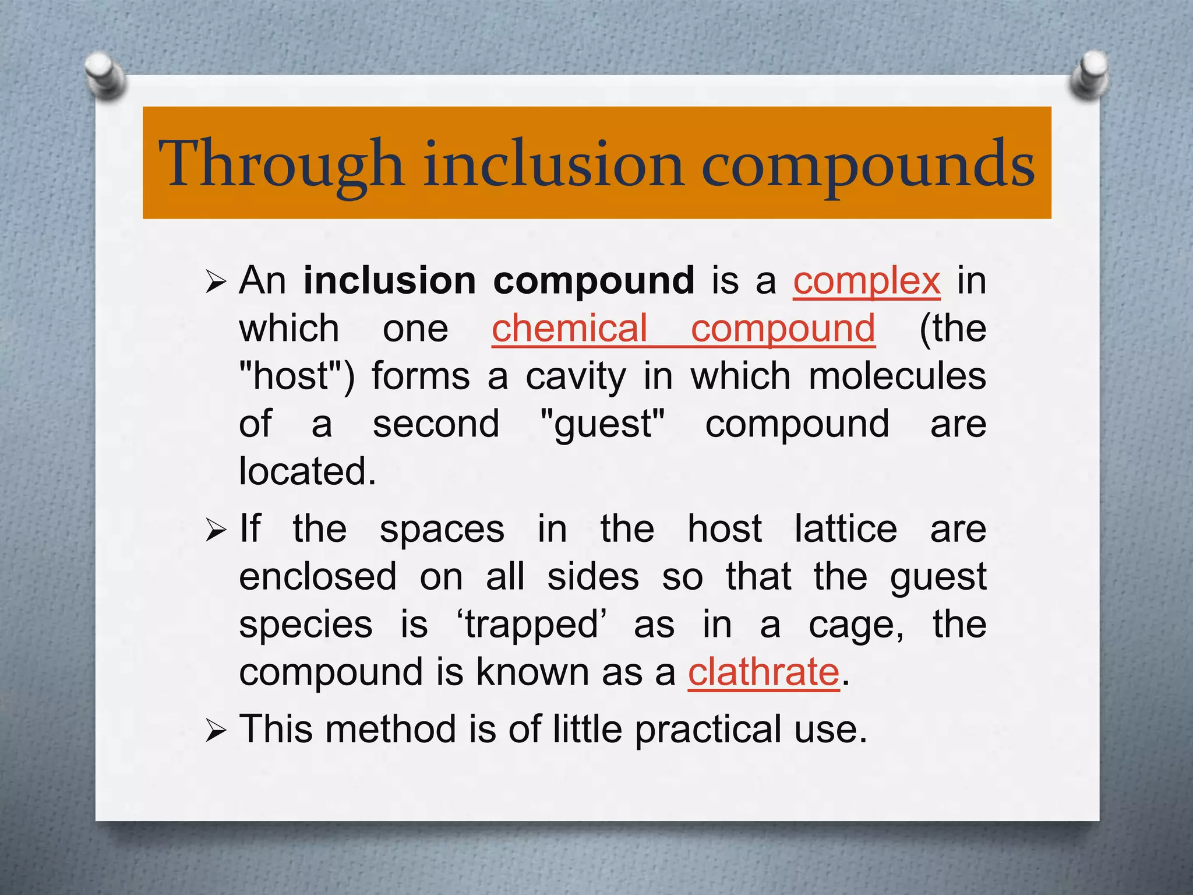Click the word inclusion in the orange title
(553, 164)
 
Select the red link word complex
(866, 281)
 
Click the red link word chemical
(569, 329)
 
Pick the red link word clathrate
(763, 672)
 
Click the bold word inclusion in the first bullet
(389, 281)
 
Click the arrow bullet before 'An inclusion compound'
(215, 283)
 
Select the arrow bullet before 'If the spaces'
(215, 531)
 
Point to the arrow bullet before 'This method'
(215, 731)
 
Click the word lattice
(845, 530)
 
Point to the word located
(307, 471)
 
